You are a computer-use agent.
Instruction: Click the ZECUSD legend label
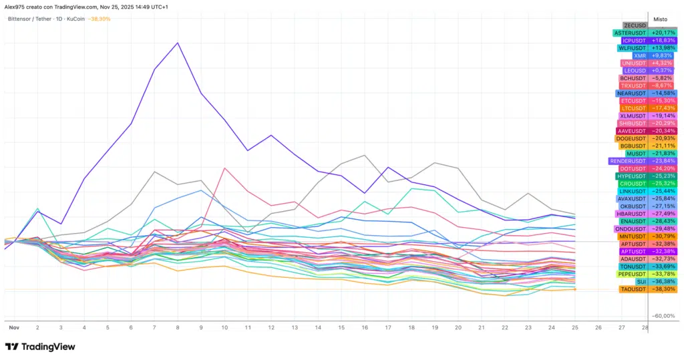(x=635, y=25)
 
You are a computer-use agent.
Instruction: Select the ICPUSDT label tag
(x=635, y=40)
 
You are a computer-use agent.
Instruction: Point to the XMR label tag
(x=639, y=55)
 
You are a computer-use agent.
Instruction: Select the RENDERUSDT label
(x=628, y=161)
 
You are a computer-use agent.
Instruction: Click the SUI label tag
(x=641, y=282)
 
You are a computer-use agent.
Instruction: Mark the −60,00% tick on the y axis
(x=665, y=316)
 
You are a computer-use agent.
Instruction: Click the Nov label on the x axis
(x=13, y=328)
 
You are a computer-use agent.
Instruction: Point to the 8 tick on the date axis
(x=177, y=328)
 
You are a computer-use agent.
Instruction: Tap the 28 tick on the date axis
(x=645, y=328)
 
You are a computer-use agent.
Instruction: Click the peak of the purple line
(x=177, y=43)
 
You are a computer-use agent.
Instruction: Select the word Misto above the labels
(x=660, y=19)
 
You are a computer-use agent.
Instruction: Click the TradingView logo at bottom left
(x=39, y=347)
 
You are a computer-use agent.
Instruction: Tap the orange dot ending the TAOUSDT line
(x=575, y=289)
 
